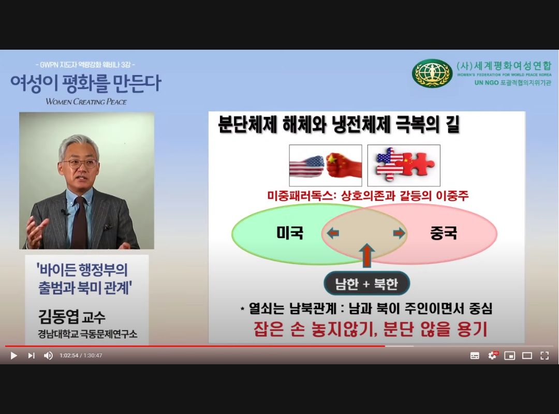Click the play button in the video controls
pyautogui.click(x=14, y=356)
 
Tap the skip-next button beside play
pyautogui.click(x=31, y=356)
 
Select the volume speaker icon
pyautogui.click(x=48, y=356)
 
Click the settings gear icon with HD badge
pyautogui.click(x=492, y=356)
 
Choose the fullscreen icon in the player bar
pyautogui.click(x=545, y=356)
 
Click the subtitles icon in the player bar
pyautogui.click(x=475, y=356)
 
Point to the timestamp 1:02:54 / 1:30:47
pyautogui.click(x=81, y=356)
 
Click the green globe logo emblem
pyautogui.click(x=432, y=73)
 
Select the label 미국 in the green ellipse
pyautogui.click(x=290, y=233)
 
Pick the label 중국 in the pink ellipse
pyautogui.click(x=444, y=233)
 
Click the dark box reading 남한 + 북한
pyautogui.click(x=366, y=284)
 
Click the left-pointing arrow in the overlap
pyautogui.click(x=332, y=233)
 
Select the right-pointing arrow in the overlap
pyautogui.click(x=399, y=233)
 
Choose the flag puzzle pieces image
pyautogui.click(x=404, y=166)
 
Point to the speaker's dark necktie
pyautogui.click(x=79, y=223)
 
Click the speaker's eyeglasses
pyautogui.click(x=79, y=164)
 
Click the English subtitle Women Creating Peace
pyautogui.click(x=86, y=101)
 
